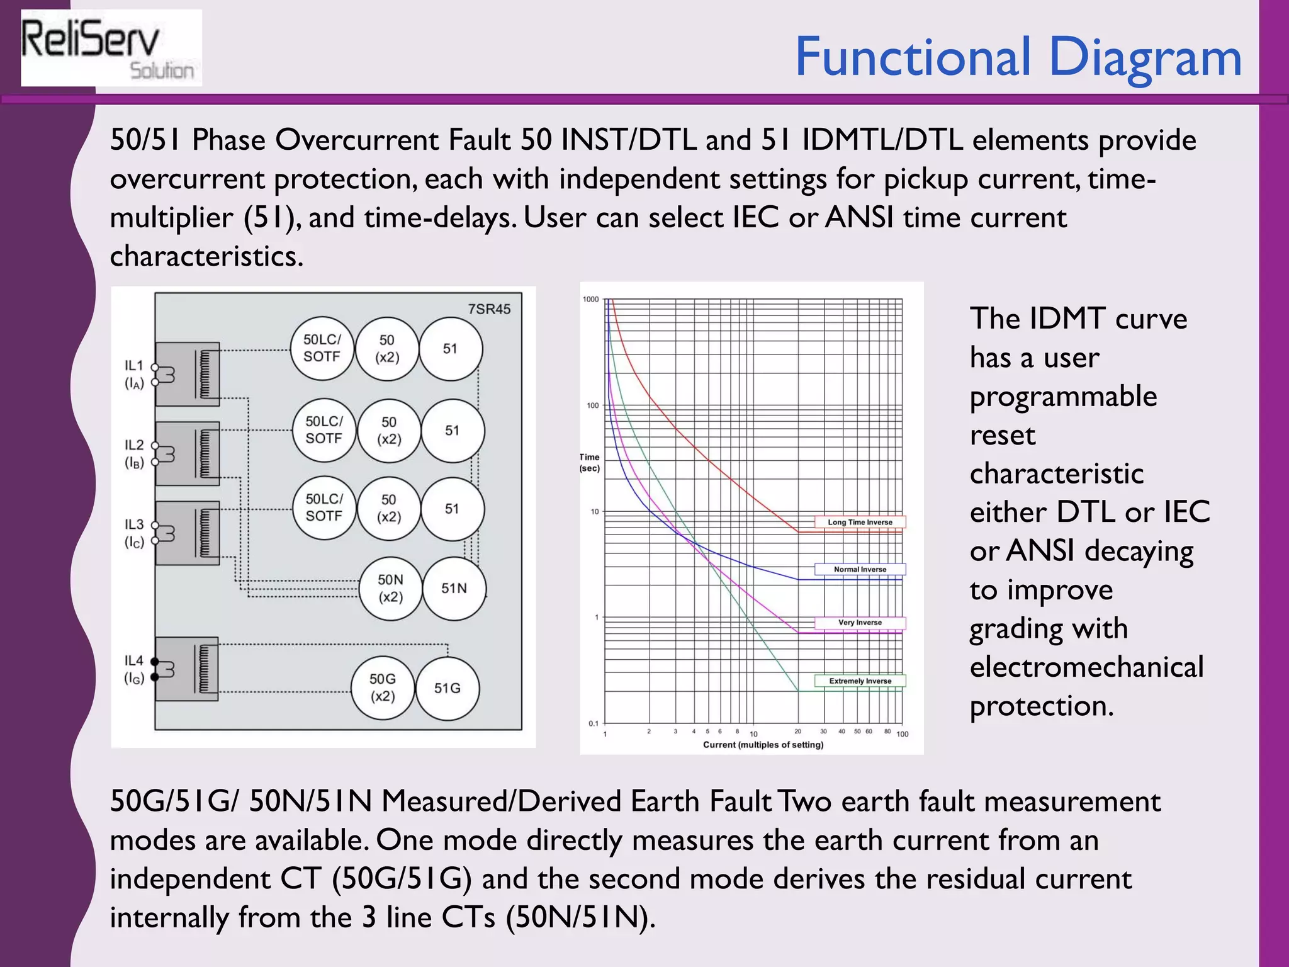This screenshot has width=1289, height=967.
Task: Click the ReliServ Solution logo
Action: (x=111, y=48)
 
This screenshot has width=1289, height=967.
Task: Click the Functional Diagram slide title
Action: (x=1018, y=57)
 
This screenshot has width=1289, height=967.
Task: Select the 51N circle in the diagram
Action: (x=454, y=589)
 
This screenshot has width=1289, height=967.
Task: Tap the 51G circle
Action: (x=447, y=688)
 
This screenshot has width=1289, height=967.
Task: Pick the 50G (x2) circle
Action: (x=383, y=687)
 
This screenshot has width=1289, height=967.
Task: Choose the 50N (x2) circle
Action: (x=390, y=588)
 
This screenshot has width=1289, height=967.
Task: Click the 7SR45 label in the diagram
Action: (x=489, y=309)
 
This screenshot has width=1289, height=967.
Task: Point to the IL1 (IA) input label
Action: (x=134, y=374)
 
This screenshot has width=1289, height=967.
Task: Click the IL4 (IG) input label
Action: (x=134, y=669)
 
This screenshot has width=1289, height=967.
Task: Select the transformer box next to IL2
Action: (x=188, y=453)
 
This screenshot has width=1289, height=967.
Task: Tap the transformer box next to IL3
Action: (x=188, y=533)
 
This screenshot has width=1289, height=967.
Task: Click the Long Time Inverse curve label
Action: (x=860, y=522)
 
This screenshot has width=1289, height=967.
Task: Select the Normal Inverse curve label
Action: (x=860, y=569)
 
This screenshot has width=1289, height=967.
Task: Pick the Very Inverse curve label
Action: (x=860, y=623)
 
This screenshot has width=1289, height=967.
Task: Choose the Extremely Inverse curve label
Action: (x=860, y=681)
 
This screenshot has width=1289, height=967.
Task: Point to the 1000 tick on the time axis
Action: (x=590, y=299)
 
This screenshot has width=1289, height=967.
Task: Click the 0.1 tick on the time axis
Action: (x=593, y=723)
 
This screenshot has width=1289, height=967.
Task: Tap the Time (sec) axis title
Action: (x=590, y=462)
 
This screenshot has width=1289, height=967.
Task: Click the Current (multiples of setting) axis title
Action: (x=763, y=745)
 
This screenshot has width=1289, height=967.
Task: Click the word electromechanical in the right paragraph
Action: (x=1086, y=667)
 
